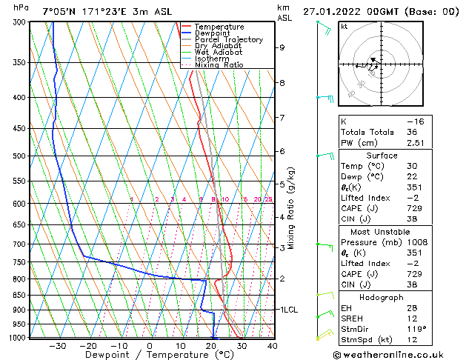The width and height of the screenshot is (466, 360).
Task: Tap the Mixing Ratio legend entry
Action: (x=219, y=64)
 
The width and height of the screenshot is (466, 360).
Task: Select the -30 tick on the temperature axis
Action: (x=57, y=345)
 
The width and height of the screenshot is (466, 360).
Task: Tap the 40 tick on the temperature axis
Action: (x=273, y=345)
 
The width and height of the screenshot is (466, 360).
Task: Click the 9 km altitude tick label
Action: (x=282, y=47)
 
